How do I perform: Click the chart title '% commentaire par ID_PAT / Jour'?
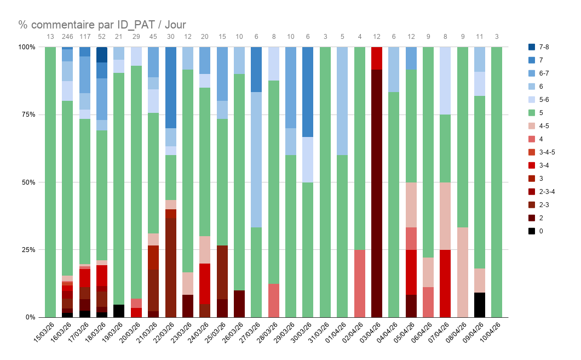(102, 24)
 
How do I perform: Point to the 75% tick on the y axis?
(27, 115)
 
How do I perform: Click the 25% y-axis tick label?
(27, 250)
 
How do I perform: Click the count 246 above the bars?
(67, 37)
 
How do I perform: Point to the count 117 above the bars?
(84, 37)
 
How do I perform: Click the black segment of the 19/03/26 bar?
(119, 311)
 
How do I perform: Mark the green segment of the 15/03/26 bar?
(50, 181)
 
